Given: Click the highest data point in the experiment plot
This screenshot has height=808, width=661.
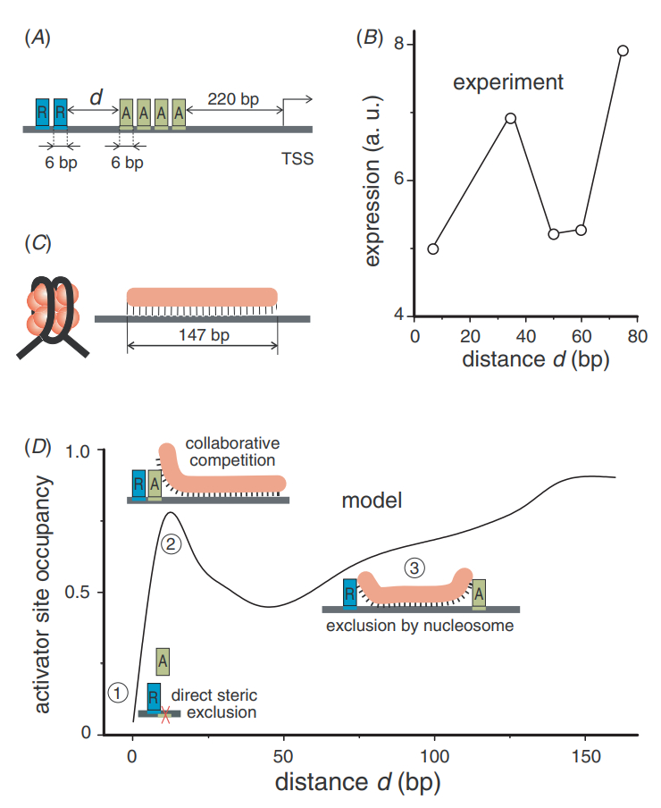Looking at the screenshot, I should [623, 50].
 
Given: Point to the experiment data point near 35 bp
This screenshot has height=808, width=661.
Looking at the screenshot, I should [511, 118].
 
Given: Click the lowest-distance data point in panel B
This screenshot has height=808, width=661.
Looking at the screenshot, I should [433, 248].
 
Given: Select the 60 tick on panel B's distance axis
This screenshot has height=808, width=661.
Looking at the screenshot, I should [581, 335].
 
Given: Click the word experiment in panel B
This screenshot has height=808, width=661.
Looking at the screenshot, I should [507, 83].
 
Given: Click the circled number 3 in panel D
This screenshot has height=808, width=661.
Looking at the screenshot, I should [413, 567].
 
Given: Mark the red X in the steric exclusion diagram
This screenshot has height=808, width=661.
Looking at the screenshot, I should [163, 711].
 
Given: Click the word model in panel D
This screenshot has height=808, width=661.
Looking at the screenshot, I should [372, 501].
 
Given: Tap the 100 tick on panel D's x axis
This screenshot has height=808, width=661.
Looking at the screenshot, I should [435, 753].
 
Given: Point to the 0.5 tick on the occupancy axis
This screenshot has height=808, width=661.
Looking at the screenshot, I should [82, 593].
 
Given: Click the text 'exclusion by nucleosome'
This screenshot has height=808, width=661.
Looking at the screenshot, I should [420, 626].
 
